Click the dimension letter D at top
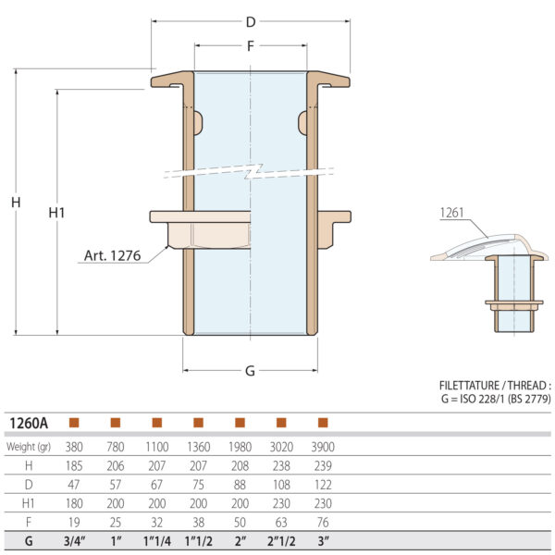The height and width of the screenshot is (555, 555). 251,20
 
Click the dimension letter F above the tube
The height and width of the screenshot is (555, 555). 251,44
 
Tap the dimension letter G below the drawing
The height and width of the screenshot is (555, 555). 250,371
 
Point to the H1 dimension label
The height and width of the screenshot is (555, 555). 56,212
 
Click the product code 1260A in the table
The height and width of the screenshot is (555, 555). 30,423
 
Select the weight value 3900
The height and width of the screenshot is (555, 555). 323,447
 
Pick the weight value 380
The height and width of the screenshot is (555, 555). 74,447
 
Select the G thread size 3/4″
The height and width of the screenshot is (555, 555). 74,541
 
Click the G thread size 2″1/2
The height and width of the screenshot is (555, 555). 281,541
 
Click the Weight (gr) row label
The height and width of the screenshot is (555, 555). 31,447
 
